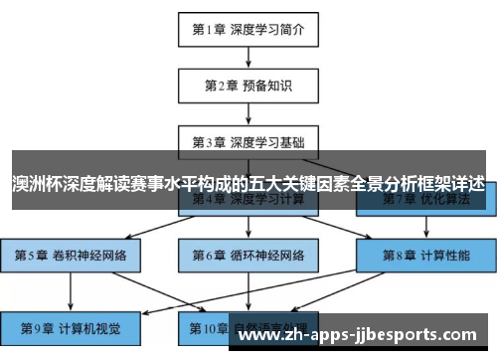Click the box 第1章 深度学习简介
click(x=248, y=29)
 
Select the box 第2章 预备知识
click(x=248, y=86)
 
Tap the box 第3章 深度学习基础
click(x=248, y=142)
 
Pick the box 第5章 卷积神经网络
click(x=70, y=255)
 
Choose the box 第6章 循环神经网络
click(x=248, y=255)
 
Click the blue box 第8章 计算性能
click(x=428, y=255)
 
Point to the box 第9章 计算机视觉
click(x=70, y=325)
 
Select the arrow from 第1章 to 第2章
click(x=248, y=57)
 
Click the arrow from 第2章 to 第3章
click(x=248, y=113)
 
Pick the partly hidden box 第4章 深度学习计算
click(x=248, y=202)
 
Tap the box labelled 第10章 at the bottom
click(x=248, y=325)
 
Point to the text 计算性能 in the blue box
click(x=445, y=255)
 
